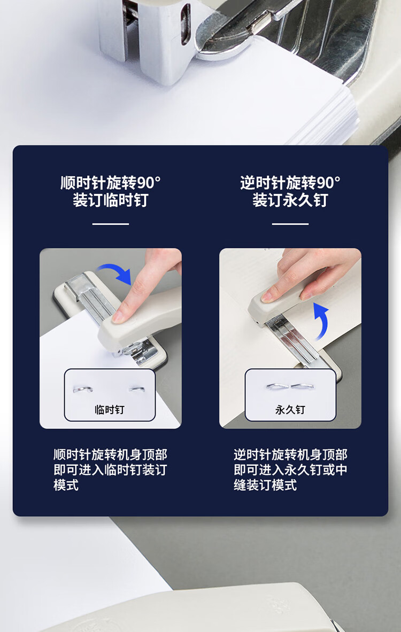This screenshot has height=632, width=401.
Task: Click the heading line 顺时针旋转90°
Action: (110, 183)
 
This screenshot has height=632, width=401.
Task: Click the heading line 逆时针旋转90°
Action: (290, 183)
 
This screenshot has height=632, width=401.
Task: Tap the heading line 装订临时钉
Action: (110, 200)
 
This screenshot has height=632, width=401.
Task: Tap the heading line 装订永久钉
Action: (290, 200)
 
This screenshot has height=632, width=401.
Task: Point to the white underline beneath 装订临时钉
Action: (110, 224)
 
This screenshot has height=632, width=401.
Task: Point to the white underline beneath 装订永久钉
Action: (290, 224)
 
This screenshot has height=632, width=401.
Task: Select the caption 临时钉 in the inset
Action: (109, 410)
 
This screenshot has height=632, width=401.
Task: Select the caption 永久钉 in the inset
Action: (290, 410)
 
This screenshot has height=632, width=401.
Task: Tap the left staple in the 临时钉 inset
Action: (83, 388)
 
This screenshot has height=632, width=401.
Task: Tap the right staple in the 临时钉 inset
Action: (137, 389)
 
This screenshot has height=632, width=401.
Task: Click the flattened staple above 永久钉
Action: (290, 387)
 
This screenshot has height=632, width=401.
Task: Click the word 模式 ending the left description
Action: (66, 485)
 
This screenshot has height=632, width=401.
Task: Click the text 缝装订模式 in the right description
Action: (265, 485)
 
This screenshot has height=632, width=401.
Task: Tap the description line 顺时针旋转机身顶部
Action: (110, 455)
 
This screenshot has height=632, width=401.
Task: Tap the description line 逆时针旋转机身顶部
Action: (290, 455)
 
